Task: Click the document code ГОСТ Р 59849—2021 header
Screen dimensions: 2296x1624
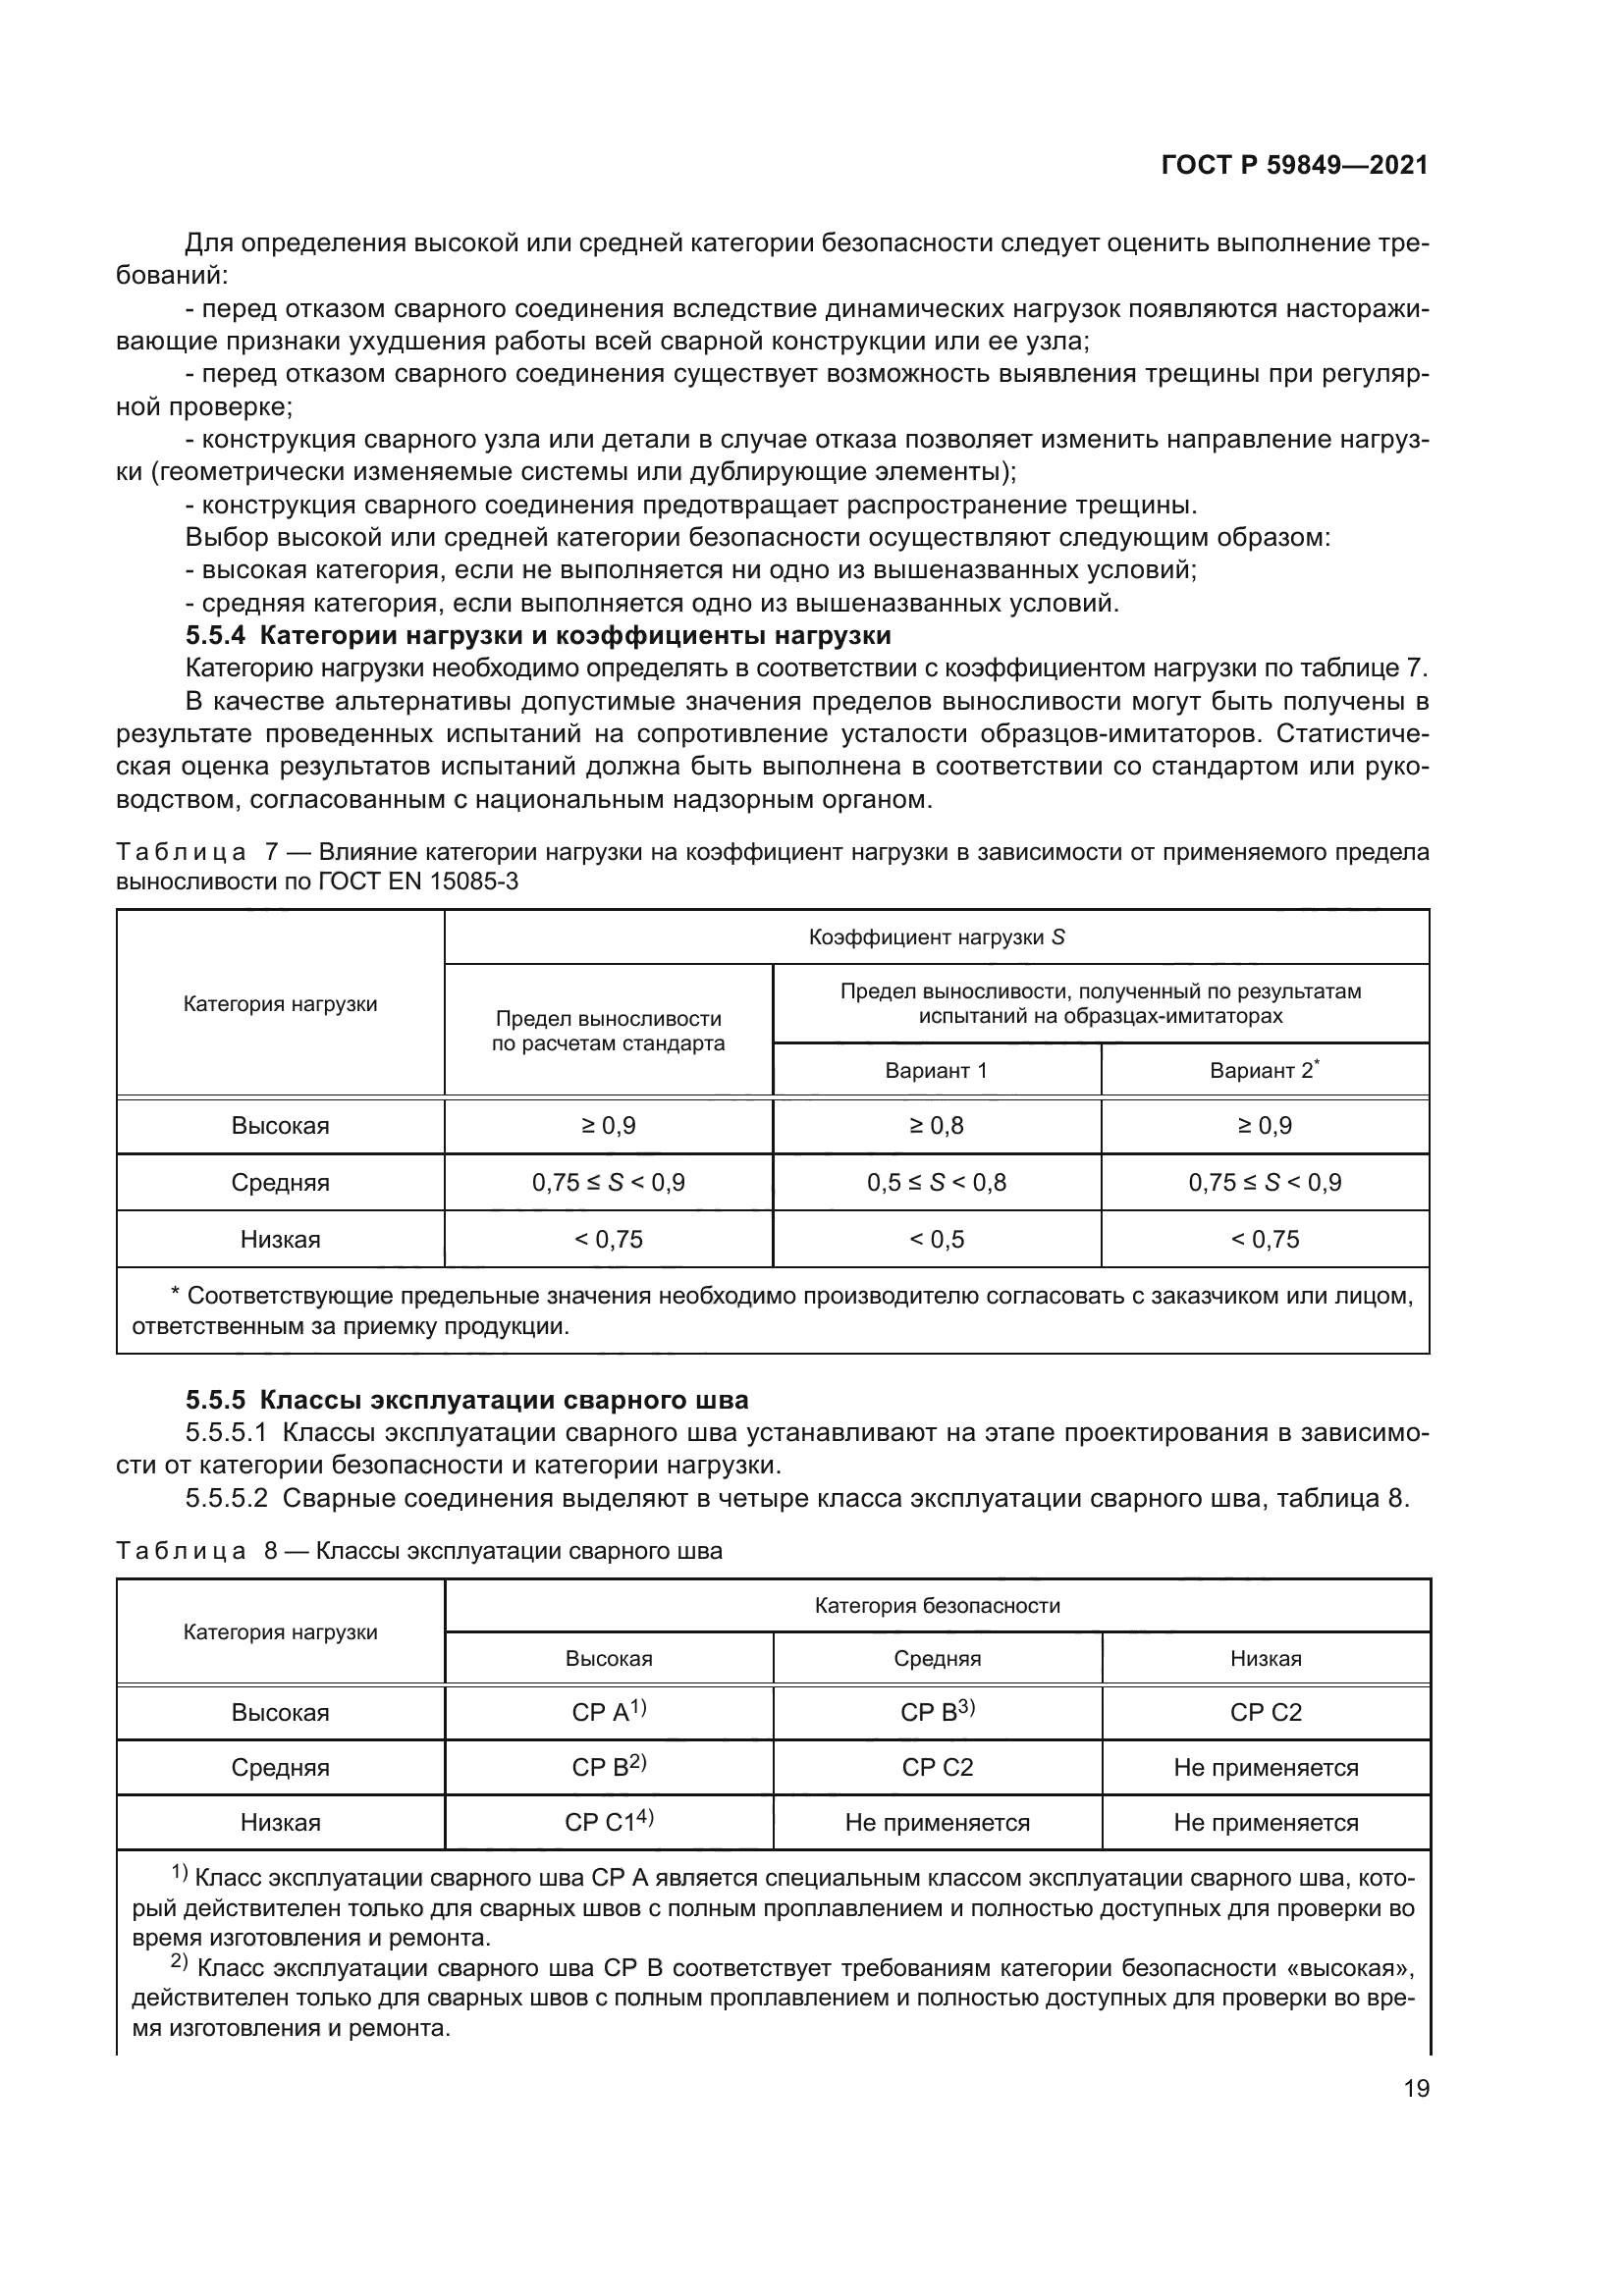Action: [1294, 165]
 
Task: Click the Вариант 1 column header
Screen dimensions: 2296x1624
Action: [936, 1071]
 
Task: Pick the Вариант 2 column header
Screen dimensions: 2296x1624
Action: [1264, 1071]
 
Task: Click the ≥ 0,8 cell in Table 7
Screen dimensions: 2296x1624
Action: [936, 1126]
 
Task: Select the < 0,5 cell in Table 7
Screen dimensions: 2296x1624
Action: [936, 1240]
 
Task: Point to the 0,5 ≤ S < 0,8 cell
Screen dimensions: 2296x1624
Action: [936, 1183]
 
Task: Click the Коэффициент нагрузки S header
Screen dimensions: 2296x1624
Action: [936, 938]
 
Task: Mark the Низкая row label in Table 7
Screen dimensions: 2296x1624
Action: [280, 1240]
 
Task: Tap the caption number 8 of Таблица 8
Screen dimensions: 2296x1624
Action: [270, 1552]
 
